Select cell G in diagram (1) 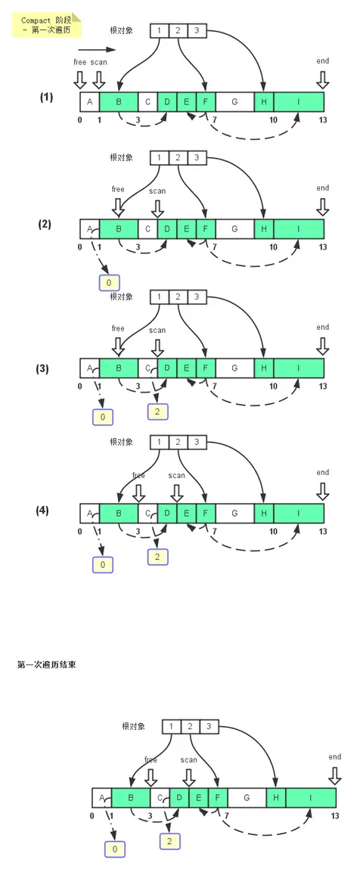tap(234, 101)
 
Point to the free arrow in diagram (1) tap(81, 79)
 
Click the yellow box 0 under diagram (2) tap(109, 283)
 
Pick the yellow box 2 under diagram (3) tap(157, 411)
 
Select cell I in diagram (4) tap(299, 514)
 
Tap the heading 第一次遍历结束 tap(45, 664)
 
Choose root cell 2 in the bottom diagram tap(190, 727)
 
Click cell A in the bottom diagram tap(101, 796)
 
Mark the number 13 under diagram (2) tap(323, 247)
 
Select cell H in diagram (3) tap(264, 368)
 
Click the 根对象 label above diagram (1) tap(121, 31)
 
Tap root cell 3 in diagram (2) tap(196, 158)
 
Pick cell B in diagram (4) tap(118, 514)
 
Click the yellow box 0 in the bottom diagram tap(115, 849)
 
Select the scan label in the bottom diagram tap(188, 759)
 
